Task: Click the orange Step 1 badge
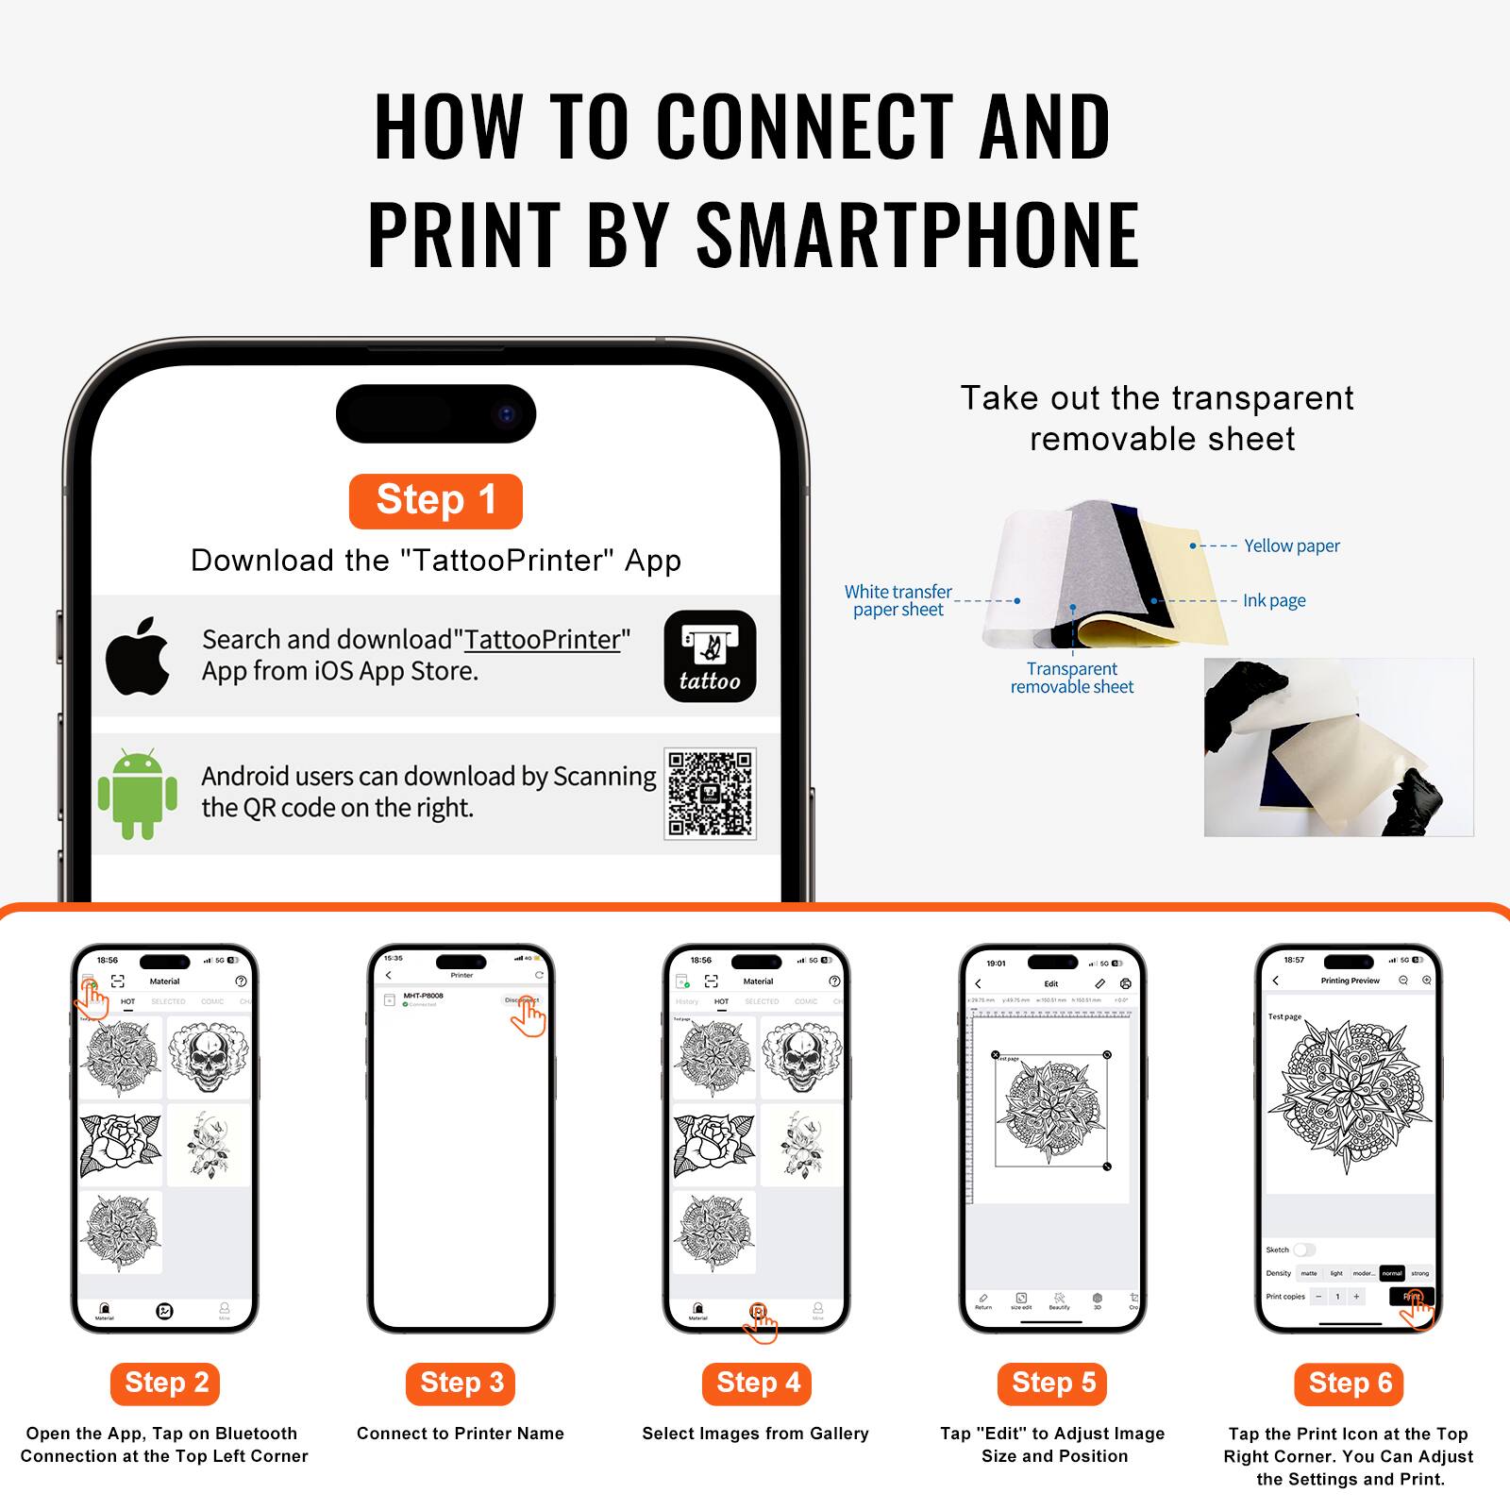coord(435,500)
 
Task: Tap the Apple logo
coord(138,656)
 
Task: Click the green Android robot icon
coord(138,794)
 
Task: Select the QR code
coord(710,794)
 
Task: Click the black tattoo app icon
coord(710,656)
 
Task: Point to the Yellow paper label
coord(1291,545)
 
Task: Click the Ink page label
coord(1273,600)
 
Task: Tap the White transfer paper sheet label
coord(898,600)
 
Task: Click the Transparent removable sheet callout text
coord(1072,678)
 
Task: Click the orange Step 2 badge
coord(165,1384)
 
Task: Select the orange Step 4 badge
coord(757,1384)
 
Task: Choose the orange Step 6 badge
coord(1349,1384)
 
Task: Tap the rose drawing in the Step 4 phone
coord(713,1144)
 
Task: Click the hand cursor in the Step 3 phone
coord(529,1017)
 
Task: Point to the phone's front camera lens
coord(507,413)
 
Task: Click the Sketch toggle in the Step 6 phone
coord(1303,1250)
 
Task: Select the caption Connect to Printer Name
coord(461,1434)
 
